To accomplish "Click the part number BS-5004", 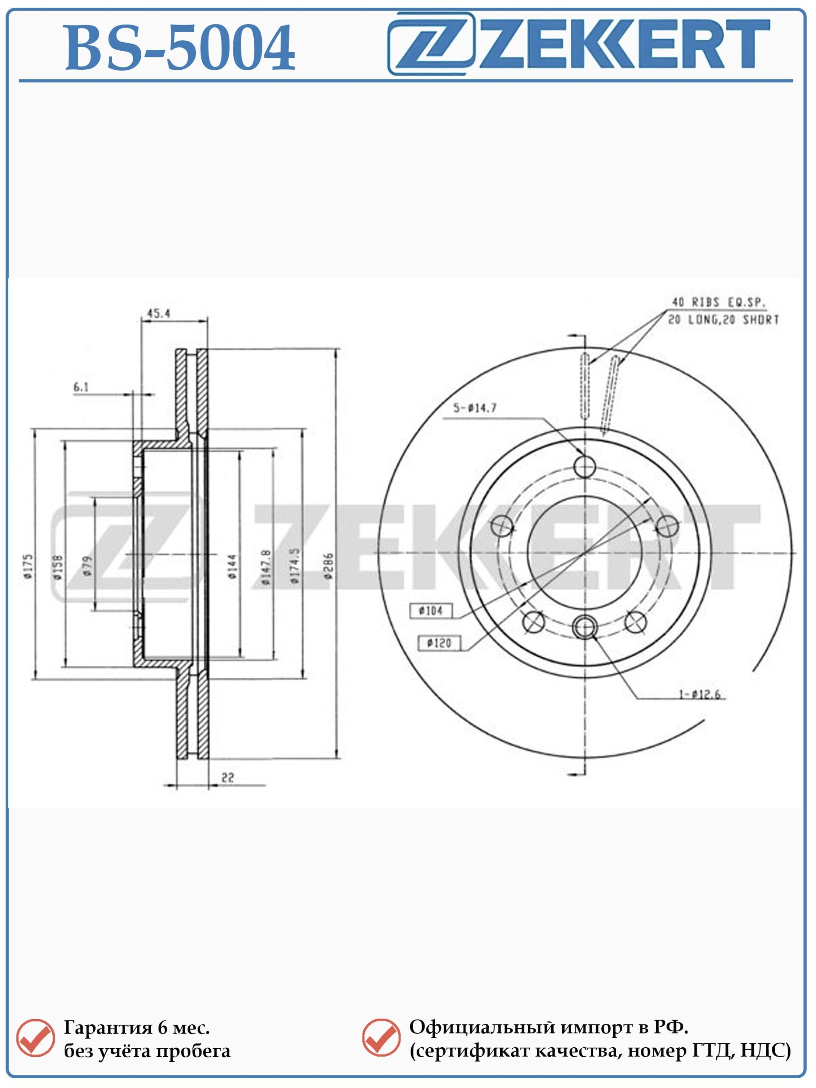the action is coord(180,48).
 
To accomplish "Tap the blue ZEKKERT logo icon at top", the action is coord(431,43).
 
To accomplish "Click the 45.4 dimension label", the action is coord(159,313).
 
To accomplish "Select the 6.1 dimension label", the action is coord(81,387).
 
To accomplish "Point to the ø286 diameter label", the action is coord(329,565).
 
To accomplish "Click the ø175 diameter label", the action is coord(28,567).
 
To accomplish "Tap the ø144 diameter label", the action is coord(232,566).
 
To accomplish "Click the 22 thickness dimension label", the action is coord(228,778).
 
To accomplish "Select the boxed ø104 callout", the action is coord(431,611).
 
